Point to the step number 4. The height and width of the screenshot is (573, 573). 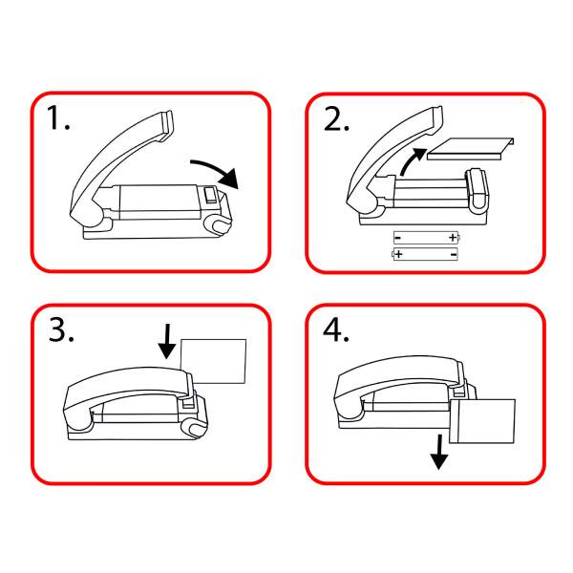[336, 330]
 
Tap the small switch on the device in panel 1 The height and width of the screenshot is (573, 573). [210, 196]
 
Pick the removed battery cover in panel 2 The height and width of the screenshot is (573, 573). [470, 148]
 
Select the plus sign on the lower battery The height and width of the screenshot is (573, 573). [397, 253]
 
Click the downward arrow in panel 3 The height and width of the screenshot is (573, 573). [166, 340]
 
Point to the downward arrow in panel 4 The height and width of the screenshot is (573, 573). [438, 454]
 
